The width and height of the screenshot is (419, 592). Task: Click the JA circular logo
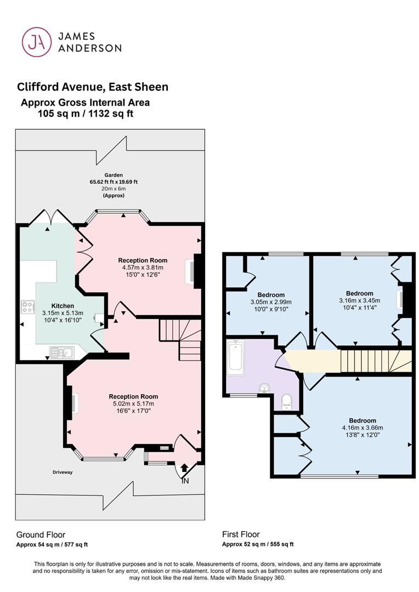(37, 42)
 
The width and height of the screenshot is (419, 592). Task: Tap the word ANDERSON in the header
(90, 48)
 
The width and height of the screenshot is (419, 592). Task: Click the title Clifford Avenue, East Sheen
(93, 87)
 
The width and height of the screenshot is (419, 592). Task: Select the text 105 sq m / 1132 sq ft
(86, 113)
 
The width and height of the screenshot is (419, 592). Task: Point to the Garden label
(114, 175)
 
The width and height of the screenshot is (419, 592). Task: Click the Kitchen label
(63, 306)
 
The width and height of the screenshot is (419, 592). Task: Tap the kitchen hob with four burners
(27, 306)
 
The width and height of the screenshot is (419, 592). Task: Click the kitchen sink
(62, 352)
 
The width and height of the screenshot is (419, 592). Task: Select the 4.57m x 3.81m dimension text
(143, 267)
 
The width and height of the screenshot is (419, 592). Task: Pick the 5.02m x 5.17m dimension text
(133, 403)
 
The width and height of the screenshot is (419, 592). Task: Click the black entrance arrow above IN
(184, 468)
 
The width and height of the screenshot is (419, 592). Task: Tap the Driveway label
(63, 473)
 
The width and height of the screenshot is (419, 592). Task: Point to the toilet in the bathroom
(287, 402)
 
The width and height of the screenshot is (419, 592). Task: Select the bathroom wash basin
(264, 388)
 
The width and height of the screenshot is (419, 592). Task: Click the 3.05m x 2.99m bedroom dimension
(271, 302)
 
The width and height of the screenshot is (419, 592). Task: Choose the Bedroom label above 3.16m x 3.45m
(360, 293)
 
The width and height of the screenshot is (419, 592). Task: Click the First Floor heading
(241, 534)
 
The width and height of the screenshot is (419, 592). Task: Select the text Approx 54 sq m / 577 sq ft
(52, 544)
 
